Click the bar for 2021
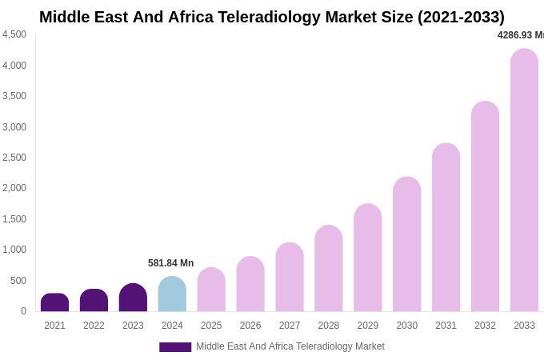click(x=54, y=302)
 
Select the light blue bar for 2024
click(x=172, y=294)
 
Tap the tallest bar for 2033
click(x=524, y=180)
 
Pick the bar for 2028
click(x=329, y=269)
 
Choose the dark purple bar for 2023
click(x=133, y=298)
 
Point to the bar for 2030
click(x=406, y=244)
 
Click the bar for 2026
click(x=250, y=284)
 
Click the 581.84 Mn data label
click(x=170, y=263)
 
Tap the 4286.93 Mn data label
click(x=520, y=35)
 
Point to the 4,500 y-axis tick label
click(x=14, y=34)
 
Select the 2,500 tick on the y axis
click(x=14, y=158)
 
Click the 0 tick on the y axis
click(x=23, y=311)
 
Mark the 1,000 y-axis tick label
click(x=14, y=250)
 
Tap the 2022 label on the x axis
click(x=94, y=326)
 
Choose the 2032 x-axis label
click(x=485, y=326)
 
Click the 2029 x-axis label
click(x=368, y=326)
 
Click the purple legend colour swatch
click(x=175, y=347)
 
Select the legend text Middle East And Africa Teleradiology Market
click(x=290, y=346)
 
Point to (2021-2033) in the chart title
click(x=461, y=17)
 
